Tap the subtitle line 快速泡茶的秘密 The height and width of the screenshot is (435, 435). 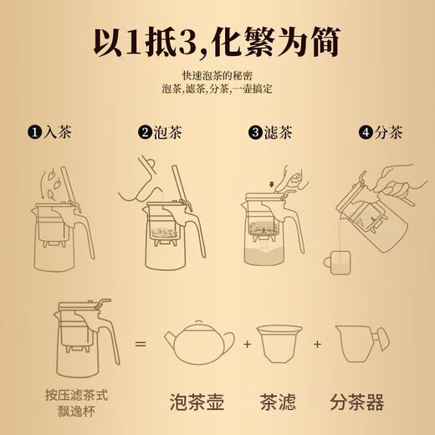217,78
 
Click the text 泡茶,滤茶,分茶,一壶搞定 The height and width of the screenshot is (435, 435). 217,90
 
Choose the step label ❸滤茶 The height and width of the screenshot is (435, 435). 273,131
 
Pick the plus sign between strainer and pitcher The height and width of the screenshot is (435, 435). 317,342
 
